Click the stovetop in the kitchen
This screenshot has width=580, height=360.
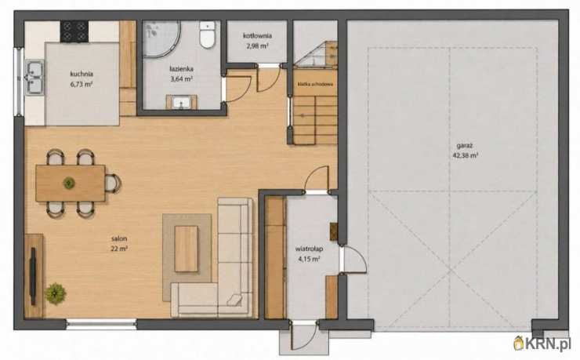point(74,31)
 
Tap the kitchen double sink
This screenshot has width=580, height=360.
point(34,78)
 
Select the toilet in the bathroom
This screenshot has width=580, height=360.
point(207,35)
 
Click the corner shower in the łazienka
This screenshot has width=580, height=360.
point(161,39)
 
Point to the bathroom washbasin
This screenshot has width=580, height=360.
point(181,102)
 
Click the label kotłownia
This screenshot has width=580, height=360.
point(257,36)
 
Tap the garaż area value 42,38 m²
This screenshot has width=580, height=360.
point(465,156)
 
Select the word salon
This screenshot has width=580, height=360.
point(118,238)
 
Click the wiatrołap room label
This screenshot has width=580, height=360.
point(310,249)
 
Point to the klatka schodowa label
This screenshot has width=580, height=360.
point(315,85)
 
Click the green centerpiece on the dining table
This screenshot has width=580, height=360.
point(69,183)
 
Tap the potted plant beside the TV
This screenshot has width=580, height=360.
point(56,293)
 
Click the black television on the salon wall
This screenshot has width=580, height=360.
point(33,276)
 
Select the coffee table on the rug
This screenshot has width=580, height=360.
point(187,249)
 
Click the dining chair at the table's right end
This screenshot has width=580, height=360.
point(113,184)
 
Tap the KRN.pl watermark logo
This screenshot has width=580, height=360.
point(542,344)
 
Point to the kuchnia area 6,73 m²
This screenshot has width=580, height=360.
point(82,84)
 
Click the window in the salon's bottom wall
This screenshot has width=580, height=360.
point(101,325)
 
